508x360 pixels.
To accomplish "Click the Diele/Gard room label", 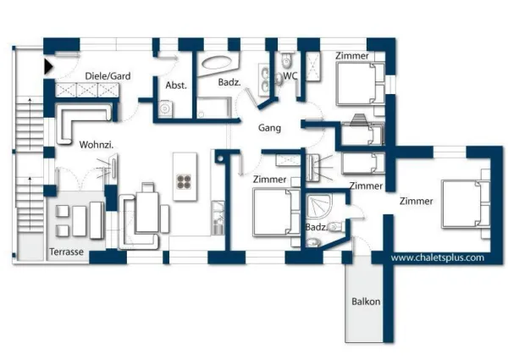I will (107, 76).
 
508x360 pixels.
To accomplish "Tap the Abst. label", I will (176, 85).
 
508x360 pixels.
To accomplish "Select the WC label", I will (290, 75).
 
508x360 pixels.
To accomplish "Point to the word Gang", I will (270, 128).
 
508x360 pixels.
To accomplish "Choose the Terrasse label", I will (64, 252).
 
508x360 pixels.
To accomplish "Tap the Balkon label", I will (366, 302).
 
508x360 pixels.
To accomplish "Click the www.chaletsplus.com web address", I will (437, 257).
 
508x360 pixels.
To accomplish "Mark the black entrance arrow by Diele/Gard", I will (50, 64).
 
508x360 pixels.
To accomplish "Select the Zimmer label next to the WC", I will (351, 56).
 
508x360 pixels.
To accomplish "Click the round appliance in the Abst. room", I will (165, 107).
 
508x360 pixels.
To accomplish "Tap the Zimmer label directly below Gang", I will (269, 180).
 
